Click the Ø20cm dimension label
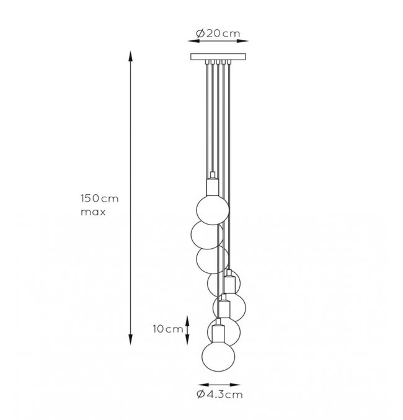(x=218, y=34)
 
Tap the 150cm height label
(x=99, y=199)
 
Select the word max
(x=93, y=212)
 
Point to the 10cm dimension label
(x=167, y=329)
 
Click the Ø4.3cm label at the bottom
(x=219, y=395)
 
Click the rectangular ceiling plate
(x=218, y=57)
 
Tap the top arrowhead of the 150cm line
(x=130, y=56)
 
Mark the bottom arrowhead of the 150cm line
(x=130, y=339)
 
